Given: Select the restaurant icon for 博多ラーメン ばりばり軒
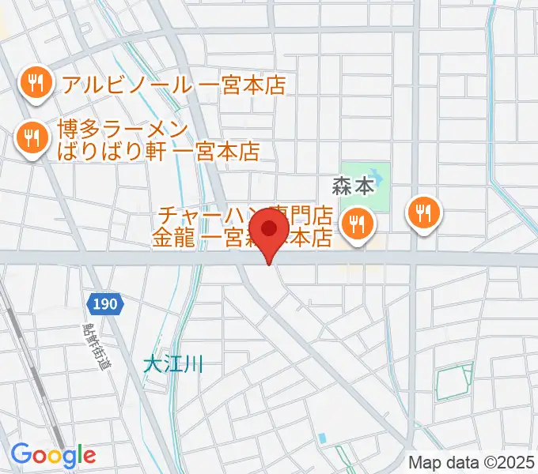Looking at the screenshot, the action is (x=31, y=140).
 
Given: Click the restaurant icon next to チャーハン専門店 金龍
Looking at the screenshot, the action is (x=358, y=224).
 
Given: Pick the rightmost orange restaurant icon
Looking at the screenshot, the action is (x=425, y=212).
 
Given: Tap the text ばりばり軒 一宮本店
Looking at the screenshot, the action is (x=158, y=151).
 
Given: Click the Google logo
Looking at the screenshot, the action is (x=53, y=454).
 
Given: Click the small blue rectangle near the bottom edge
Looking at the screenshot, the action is (x=322, y=438).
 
